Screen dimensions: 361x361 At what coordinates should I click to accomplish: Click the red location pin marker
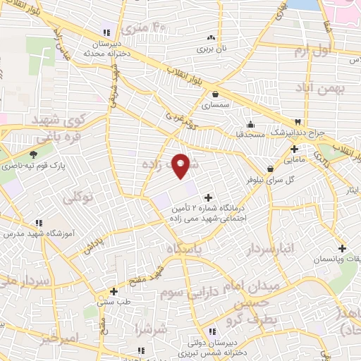coord(181,165)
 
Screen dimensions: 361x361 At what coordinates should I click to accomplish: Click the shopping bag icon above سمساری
coord(214,94)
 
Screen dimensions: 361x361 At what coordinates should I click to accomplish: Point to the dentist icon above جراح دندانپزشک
coord(298,123)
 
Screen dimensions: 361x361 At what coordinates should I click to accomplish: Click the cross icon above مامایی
coord(294,148)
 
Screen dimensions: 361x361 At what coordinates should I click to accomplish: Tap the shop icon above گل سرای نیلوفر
coord(271,168)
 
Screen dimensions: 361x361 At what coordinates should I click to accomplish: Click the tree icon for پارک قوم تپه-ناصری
coord(33,155)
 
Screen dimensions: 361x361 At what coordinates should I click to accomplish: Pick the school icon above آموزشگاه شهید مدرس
coord(11,220)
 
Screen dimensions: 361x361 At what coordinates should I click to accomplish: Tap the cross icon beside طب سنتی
coord(114,290)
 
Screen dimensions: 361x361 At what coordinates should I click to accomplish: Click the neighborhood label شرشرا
coord(153,329)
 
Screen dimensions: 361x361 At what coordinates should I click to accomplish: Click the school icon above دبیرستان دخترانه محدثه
coord(106,32)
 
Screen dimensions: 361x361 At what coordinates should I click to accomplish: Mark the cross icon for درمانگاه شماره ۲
coord(207,197)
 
